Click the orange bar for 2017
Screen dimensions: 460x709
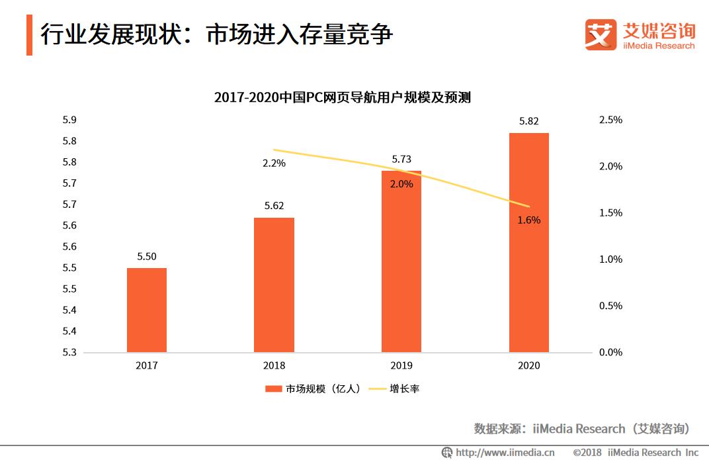pos(147,310)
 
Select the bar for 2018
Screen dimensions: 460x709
pos(274,285)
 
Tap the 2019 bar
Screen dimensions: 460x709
pos(401,265)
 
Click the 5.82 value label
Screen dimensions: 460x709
pos(529,121)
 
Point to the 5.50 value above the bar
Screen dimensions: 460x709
pos(147,256)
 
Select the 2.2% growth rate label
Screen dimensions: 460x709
pos(274,163)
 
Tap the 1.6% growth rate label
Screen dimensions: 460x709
pos(528,220)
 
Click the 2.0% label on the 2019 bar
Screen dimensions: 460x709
pos(401,184)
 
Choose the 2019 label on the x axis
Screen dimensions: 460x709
pos(401,365)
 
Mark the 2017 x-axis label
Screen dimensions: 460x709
pos(147,365)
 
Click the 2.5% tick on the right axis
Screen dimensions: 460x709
pos(610,120)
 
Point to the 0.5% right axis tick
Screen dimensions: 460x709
pos(610,306)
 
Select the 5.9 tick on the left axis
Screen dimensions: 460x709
pos(69,120)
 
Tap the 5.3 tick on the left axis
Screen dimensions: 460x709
pos(69,352)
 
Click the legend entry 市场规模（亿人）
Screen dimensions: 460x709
pos(315,389)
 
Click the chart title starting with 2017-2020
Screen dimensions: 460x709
pos(342,97)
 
